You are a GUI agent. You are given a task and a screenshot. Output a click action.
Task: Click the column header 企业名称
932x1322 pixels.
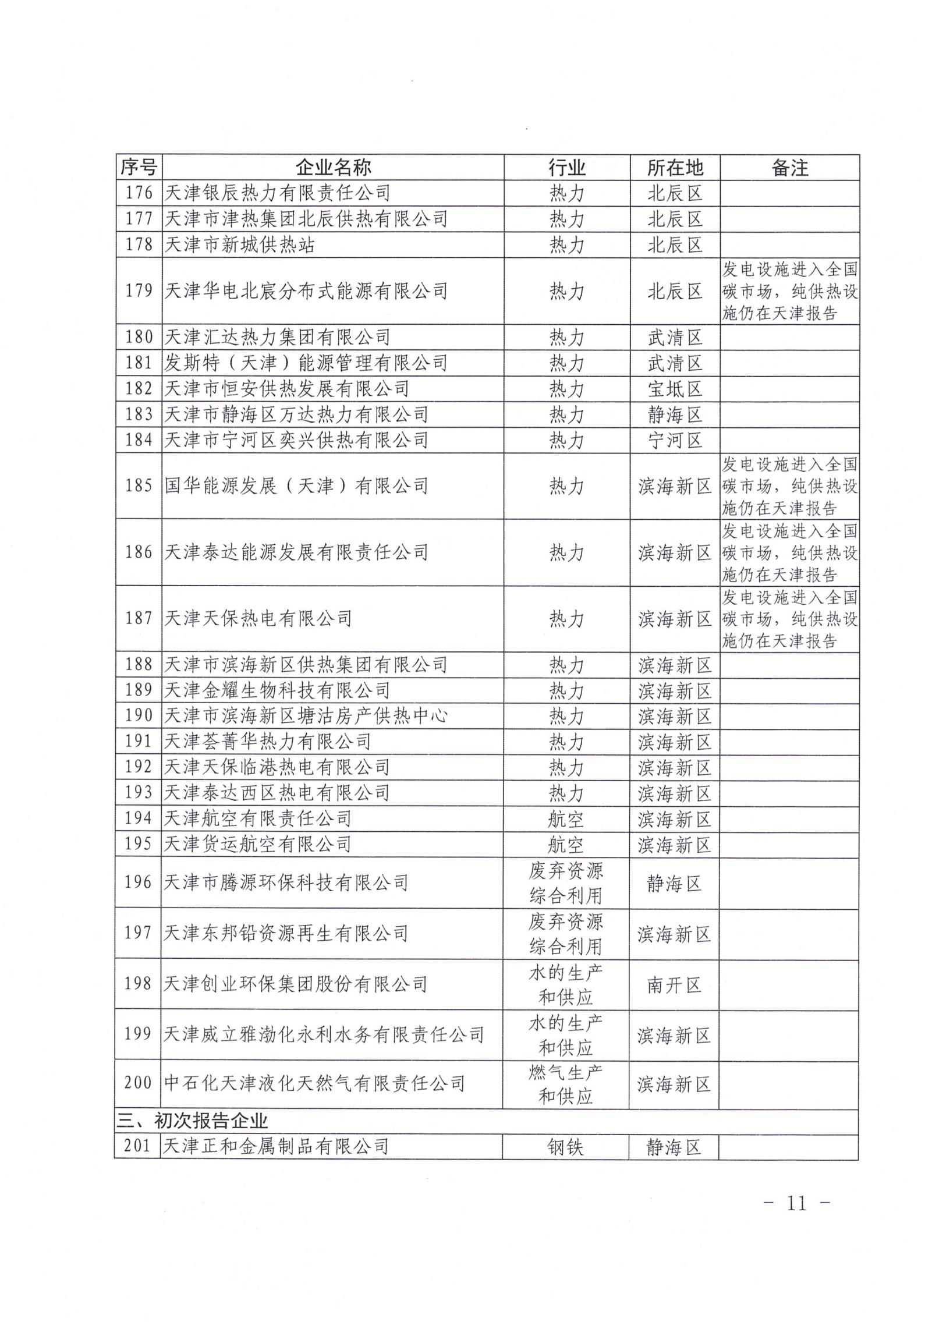coord(332,168)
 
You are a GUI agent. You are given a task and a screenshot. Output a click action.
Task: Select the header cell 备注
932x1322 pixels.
coord(789,168)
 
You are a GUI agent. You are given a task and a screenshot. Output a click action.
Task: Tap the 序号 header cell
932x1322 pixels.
coord(139,168)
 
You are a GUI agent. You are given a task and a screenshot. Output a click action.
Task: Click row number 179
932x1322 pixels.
coord(139,290)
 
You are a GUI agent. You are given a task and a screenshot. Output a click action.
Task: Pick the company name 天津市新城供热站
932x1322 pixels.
coord(239,244)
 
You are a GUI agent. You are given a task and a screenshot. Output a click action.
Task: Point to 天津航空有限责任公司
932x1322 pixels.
coord(257,818)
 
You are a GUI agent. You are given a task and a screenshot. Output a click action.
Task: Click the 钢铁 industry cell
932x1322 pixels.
coord(566,1147)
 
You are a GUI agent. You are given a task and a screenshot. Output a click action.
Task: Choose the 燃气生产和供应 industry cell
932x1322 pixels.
coord(566,1084)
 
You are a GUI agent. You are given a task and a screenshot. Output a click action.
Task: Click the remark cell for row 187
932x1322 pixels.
coord(789,618)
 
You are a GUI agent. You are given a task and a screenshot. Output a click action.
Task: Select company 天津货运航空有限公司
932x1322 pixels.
coord(257,844)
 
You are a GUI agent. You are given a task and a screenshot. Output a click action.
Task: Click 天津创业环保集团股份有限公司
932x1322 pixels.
coord(295,984)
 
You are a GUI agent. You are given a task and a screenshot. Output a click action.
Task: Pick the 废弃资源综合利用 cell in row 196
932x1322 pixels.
coord(566,882)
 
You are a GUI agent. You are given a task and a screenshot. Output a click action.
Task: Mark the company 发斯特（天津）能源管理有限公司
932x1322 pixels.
coord(306,363)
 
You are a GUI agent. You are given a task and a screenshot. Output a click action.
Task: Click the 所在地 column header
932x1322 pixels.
coord(675,168)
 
